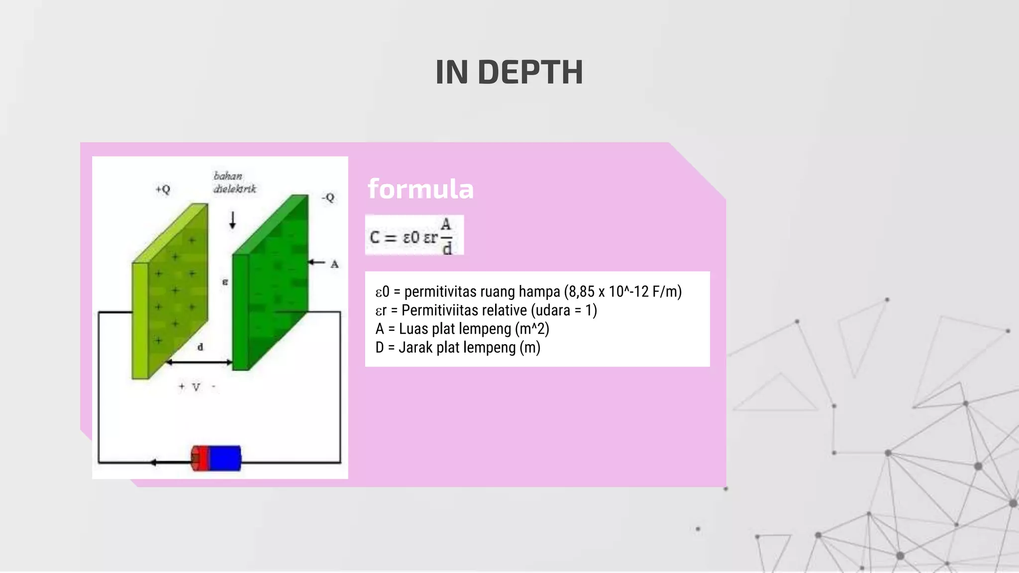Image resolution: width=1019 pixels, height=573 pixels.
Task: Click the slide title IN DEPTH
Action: tap(509, 73)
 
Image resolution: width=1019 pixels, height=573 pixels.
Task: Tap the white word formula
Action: tap(420, 189)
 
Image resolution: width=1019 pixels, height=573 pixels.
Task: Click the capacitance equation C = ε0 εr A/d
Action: tap(413, 236)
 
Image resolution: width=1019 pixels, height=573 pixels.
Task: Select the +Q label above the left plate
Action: tap(163, 190)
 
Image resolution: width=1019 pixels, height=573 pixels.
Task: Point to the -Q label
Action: tap(328, 197)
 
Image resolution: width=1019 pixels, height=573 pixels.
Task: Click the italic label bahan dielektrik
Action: tap(234, 183)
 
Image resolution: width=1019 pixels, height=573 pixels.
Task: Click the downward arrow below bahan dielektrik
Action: tap(232, 220)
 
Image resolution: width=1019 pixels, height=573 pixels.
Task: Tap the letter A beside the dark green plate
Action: tap(334, 264)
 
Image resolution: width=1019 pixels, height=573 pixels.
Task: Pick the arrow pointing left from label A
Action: tap(316, 262)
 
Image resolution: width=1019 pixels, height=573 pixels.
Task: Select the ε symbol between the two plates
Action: tap(225, 282)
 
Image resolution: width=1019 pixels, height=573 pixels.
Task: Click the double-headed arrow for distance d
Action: tap(199, 363)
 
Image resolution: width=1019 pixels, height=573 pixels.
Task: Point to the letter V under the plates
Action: tap(196, 387)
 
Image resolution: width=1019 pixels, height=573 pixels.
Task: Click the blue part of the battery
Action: tap(225, 458)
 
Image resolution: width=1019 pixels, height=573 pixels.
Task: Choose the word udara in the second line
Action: tap(550, 310)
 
